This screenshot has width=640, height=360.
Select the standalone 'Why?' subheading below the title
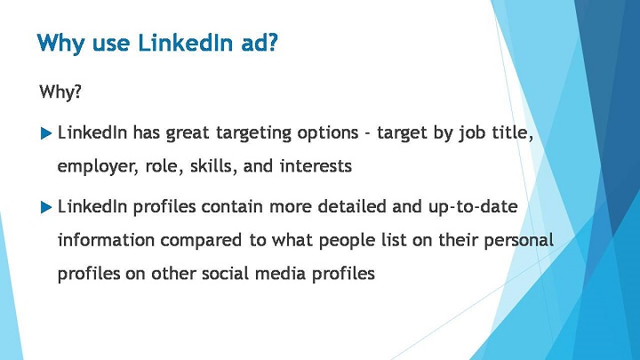(60, 92)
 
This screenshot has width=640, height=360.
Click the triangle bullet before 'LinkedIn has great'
(46, 133)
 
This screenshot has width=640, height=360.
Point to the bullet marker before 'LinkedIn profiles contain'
(46, 207)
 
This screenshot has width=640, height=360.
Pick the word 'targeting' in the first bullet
(253, 133)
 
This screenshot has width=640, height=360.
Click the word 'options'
(328, 133)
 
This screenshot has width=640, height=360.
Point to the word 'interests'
(316, 165)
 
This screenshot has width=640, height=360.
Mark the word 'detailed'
(352, 206)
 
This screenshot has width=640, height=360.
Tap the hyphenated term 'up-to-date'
(473, 207)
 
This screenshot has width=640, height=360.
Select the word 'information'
(106, 240)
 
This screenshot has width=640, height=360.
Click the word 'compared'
(201, 241)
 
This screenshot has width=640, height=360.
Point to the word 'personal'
(518, 241)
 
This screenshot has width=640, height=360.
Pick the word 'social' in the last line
(225, 273)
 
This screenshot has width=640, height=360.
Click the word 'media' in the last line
(280, 273)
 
